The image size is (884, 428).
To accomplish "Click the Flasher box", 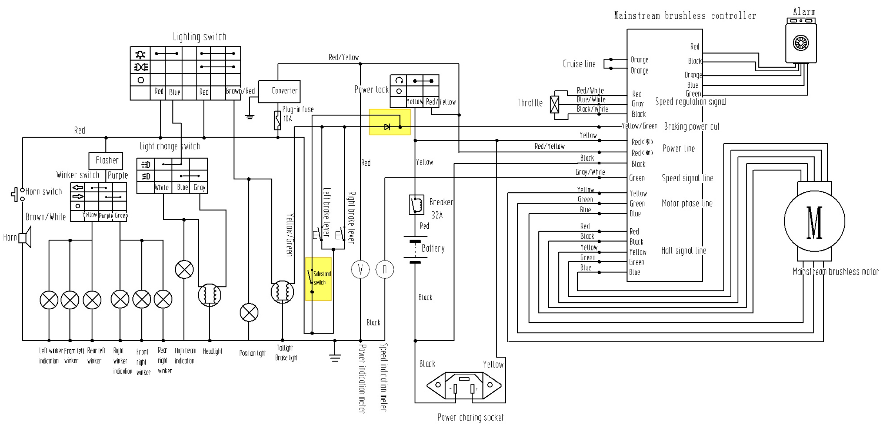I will point(106,161).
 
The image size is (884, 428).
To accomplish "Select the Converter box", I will point(279,91).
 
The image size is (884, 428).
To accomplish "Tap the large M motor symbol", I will point(814,221).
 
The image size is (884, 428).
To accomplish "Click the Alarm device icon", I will point(801,42).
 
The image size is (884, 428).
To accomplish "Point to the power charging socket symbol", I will point(464,386).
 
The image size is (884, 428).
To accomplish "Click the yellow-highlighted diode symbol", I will point(387,127).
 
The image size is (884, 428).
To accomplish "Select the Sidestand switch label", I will point(322,278).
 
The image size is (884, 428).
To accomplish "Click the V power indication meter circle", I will point(360,269).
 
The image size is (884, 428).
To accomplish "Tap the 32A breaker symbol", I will point(416,204).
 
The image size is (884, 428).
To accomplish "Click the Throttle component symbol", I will point(554,105).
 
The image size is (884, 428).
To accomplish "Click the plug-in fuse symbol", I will point(278,120).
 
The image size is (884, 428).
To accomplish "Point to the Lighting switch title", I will point(199,37).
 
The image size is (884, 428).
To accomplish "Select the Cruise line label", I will point(579,64).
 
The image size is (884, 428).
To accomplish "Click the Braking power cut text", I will point(691,126).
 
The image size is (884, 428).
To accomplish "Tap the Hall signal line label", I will point(684,251).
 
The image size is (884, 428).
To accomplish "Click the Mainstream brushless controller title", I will point(685,16).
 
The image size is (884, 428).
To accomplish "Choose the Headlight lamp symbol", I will point(209,295).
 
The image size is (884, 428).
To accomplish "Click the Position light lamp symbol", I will point(249,312).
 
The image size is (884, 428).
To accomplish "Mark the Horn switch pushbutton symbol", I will point(16,195).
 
